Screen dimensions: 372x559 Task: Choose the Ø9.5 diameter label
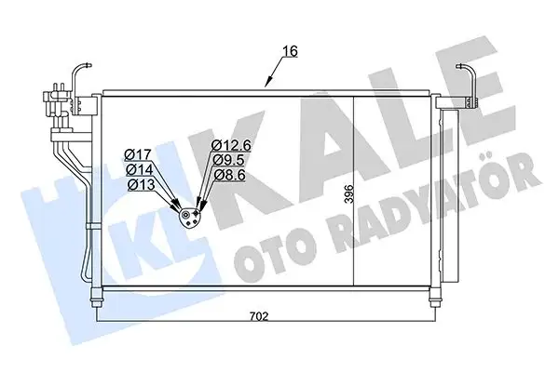(x=227, y=159)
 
